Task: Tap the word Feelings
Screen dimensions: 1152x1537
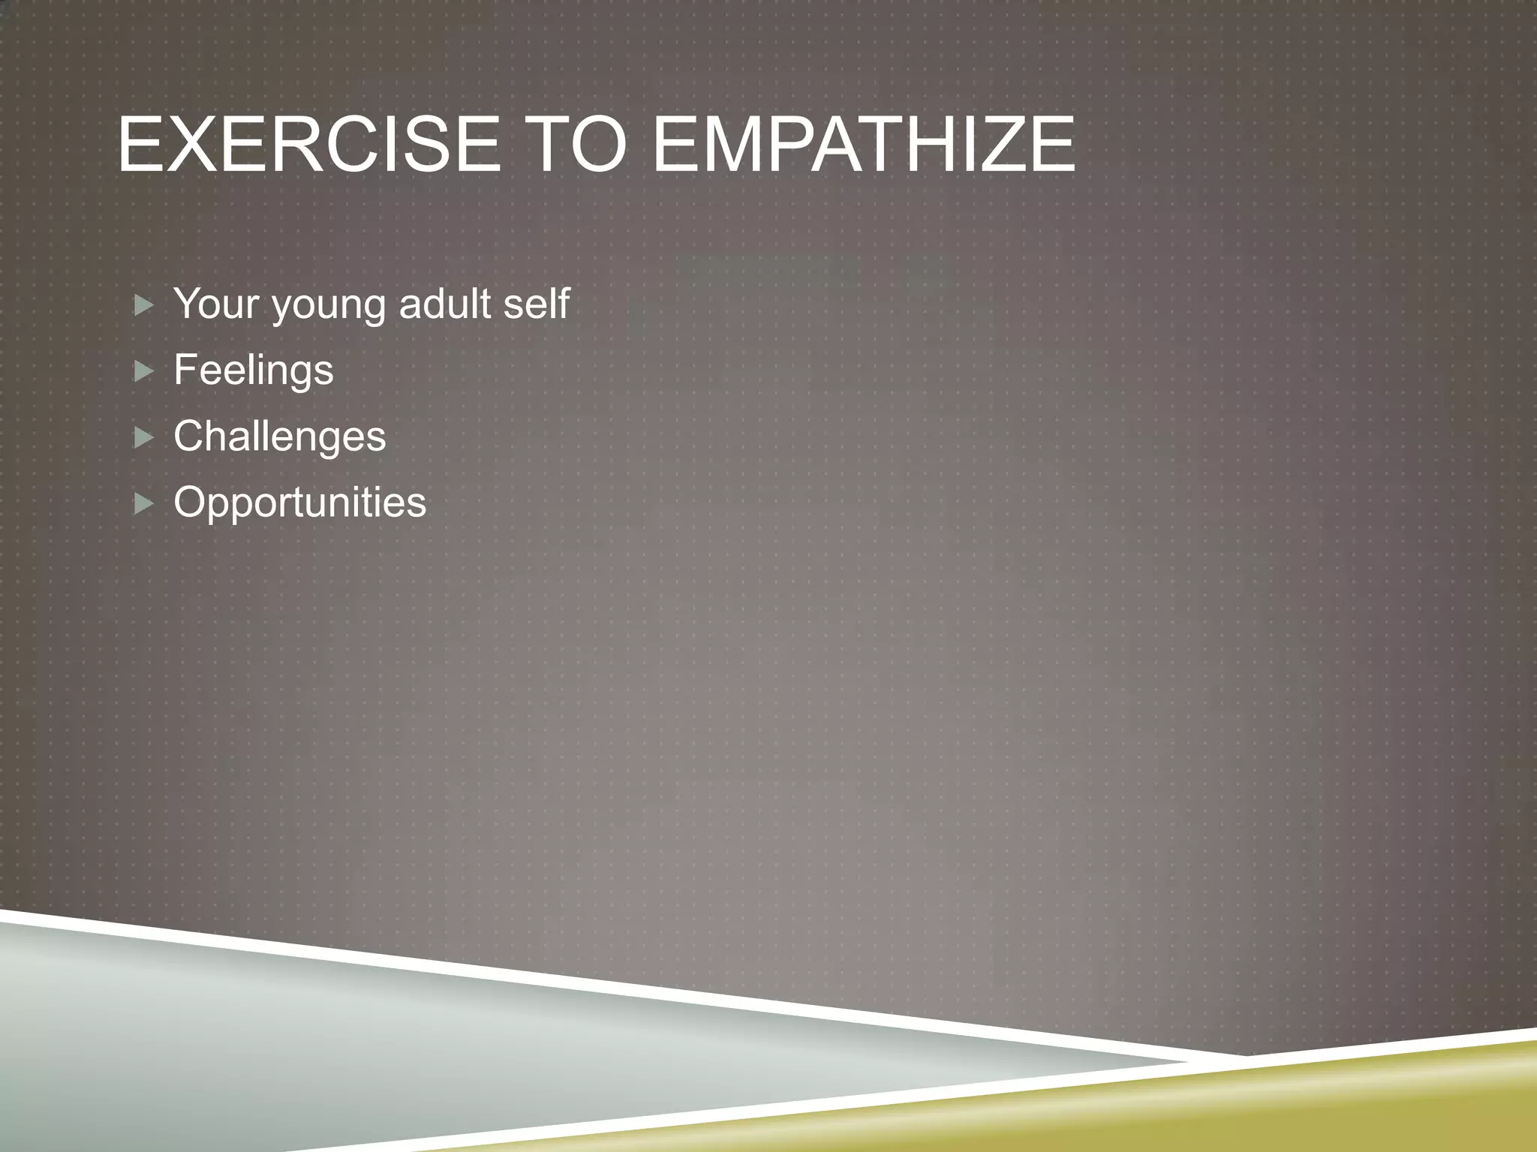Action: pos(253,370)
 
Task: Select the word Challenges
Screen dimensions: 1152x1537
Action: pos(279,436)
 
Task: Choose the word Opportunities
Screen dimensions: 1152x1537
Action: pos(299,502)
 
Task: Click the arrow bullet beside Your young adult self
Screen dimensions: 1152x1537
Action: pos(143,305)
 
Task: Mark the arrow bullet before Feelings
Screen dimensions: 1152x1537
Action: pos(143,371)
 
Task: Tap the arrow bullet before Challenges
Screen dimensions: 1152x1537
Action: pos(143,437)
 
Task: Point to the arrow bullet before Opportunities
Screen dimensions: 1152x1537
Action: pos(143,503)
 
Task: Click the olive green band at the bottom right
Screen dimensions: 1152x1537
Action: pos(1276,1102)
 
